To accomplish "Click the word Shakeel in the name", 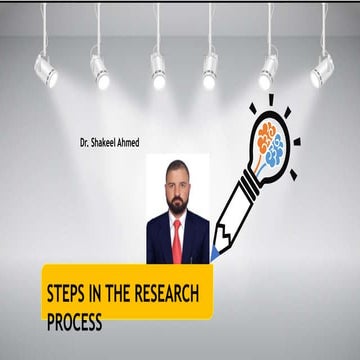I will coord(111,142).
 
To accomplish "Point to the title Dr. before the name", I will coord(87,142).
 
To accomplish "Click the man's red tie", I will coord(177,240).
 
